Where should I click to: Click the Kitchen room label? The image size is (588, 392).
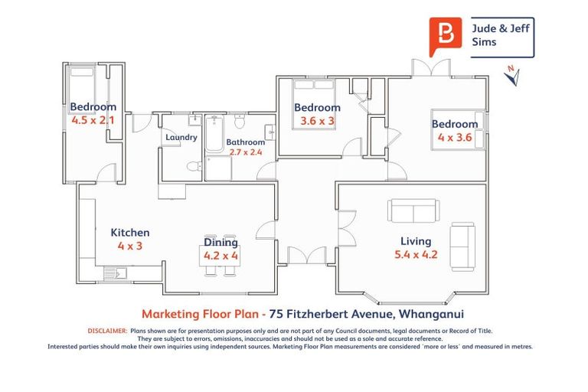130,233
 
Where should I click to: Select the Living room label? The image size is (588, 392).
416,241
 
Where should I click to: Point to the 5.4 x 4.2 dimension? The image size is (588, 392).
414,255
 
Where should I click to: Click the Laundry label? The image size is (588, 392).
181,138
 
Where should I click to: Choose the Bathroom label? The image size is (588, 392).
245,142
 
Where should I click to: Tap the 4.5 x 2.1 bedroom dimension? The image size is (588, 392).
93,120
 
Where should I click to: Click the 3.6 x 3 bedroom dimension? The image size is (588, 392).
317,121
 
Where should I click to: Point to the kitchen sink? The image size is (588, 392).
116,272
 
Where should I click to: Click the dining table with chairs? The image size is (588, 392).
220,258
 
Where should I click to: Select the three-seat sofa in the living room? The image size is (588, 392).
413,210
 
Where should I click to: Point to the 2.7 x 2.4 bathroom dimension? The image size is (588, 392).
245,152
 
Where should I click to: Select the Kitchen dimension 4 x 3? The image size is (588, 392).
130,246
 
